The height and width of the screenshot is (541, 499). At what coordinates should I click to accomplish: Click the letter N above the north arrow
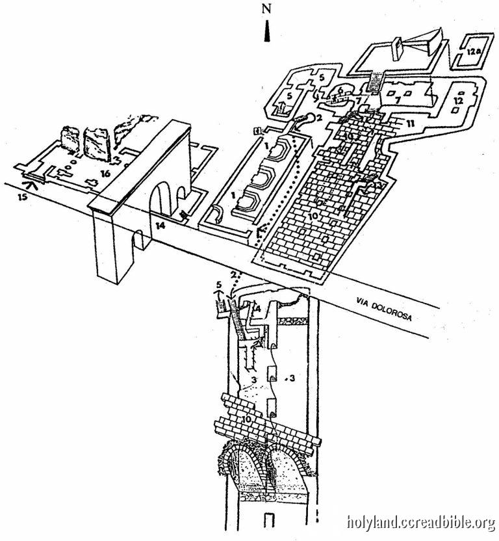[265, 8]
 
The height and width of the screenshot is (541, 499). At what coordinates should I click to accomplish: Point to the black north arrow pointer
[266, 33]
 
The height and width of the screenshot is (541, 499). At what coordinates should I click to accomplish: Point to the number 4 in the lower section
[258, 310]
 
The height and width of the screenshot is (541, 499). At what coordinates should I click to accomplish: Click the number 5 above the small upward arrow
[219, 286]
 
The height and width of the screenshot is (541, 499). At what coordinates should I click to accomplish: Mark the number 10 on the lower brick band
[247, 419]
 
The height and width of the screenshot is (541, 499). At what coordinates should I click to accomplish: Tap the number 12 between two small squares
[459, 101]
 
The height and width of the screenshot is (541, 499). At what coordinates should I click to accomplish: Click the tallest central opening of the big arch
[162, 199]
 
